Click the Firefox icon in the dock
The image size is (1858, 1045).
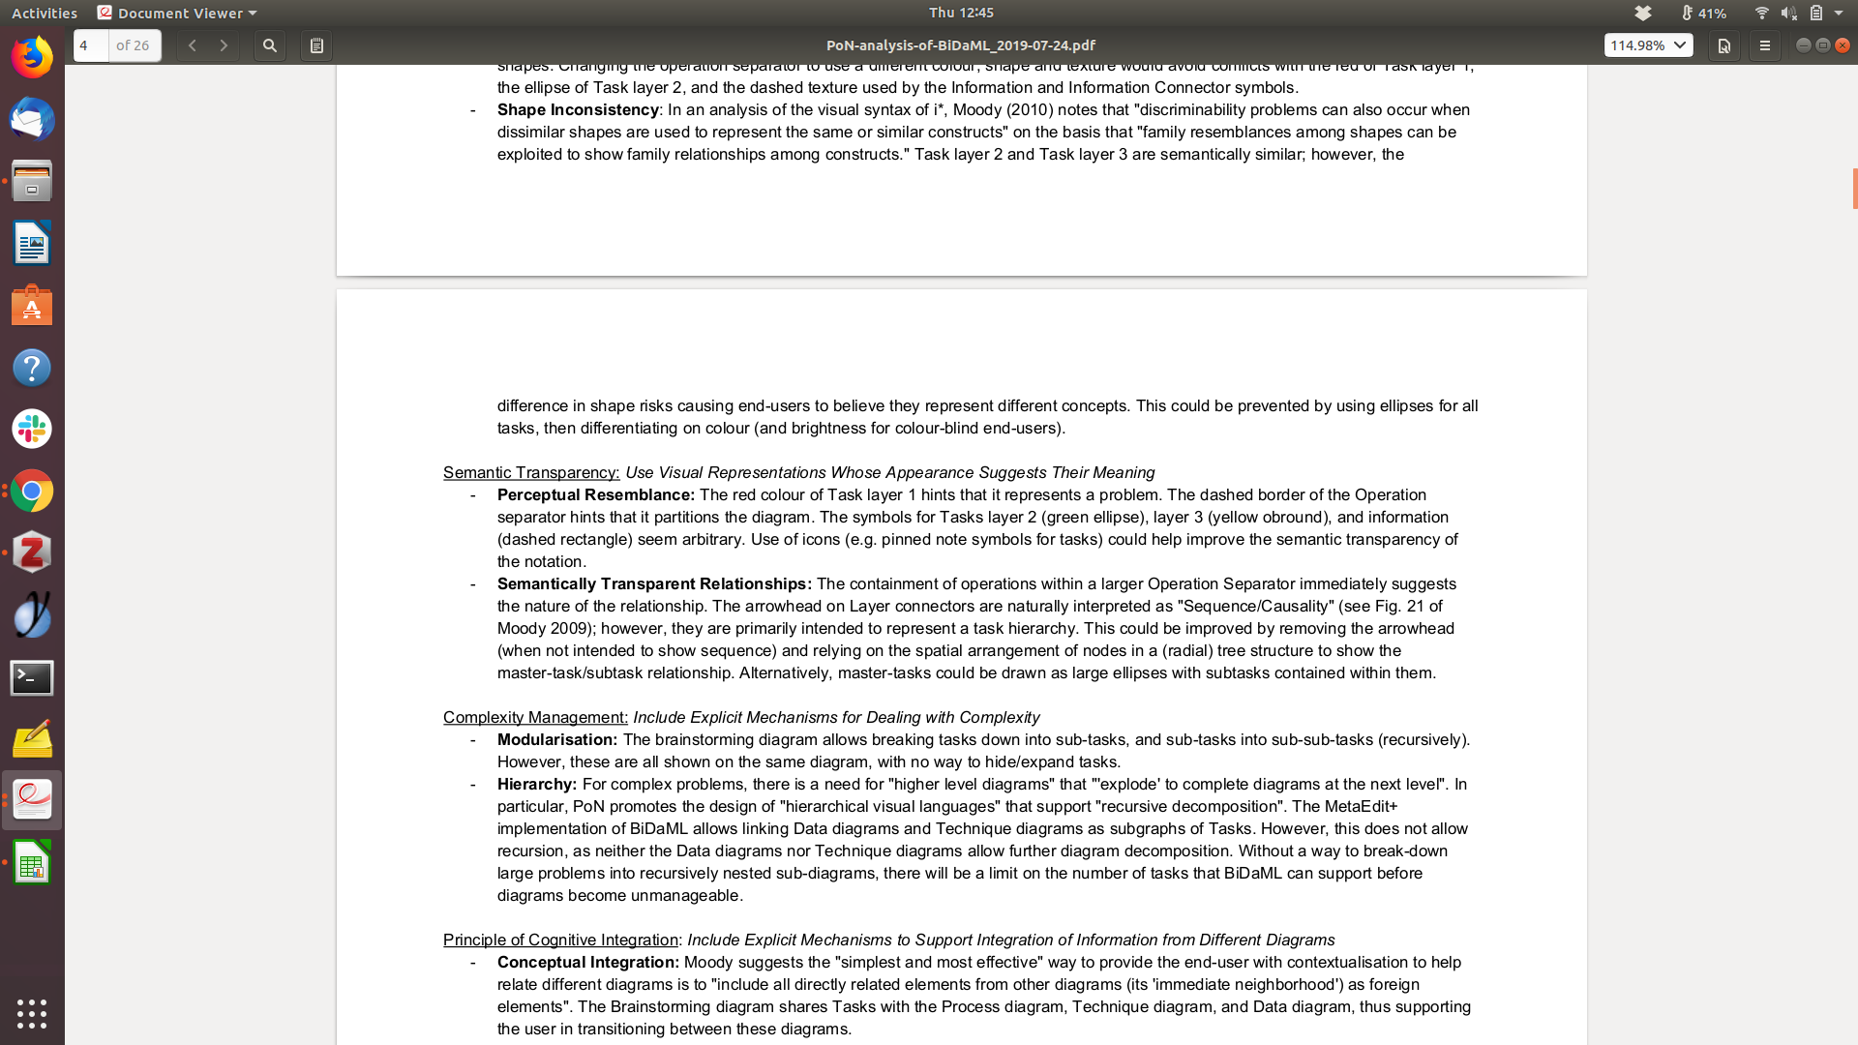[x=32, y=58]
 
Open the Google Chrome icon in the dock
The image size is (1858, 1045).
[x=32, y=492]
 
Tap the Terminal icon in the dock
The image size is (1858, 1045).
[x=32, y=677]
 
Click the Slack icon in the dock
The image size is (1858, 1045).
[x=32, y=429]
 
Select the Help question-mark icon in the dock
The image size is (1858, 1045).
[x=32, y=368]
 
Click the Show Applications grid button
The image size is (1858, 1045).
[x=32, y=1013]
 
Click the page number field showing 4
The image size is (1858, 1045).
[x=91, y=45]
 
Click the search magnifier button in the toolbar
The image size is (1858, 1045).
[x=270, y=45]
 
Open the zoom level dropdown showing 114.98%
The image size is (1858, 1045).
[x=1648, y=45]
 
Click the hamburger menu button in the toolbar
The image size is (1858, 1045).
[x=1764, y=45]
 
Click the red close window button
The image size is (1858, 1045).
[x=1843, y=45]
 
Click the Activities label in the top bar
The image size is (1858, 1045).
[x=45, y=13]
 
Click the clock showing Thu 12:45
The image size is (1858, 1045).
[x=961, y=13]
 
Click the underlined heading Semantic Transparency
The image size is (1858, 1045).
[x=530, y=472]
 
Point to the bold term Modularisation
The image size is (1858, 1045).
[x=556, y=739]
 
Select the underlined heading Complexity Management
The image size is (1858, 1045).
[x=535, y=717]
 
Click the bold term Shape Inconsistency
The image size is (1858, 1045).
[x=578, y=109]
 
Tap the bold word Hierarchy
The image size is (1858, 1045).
[x=536, y=784]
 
